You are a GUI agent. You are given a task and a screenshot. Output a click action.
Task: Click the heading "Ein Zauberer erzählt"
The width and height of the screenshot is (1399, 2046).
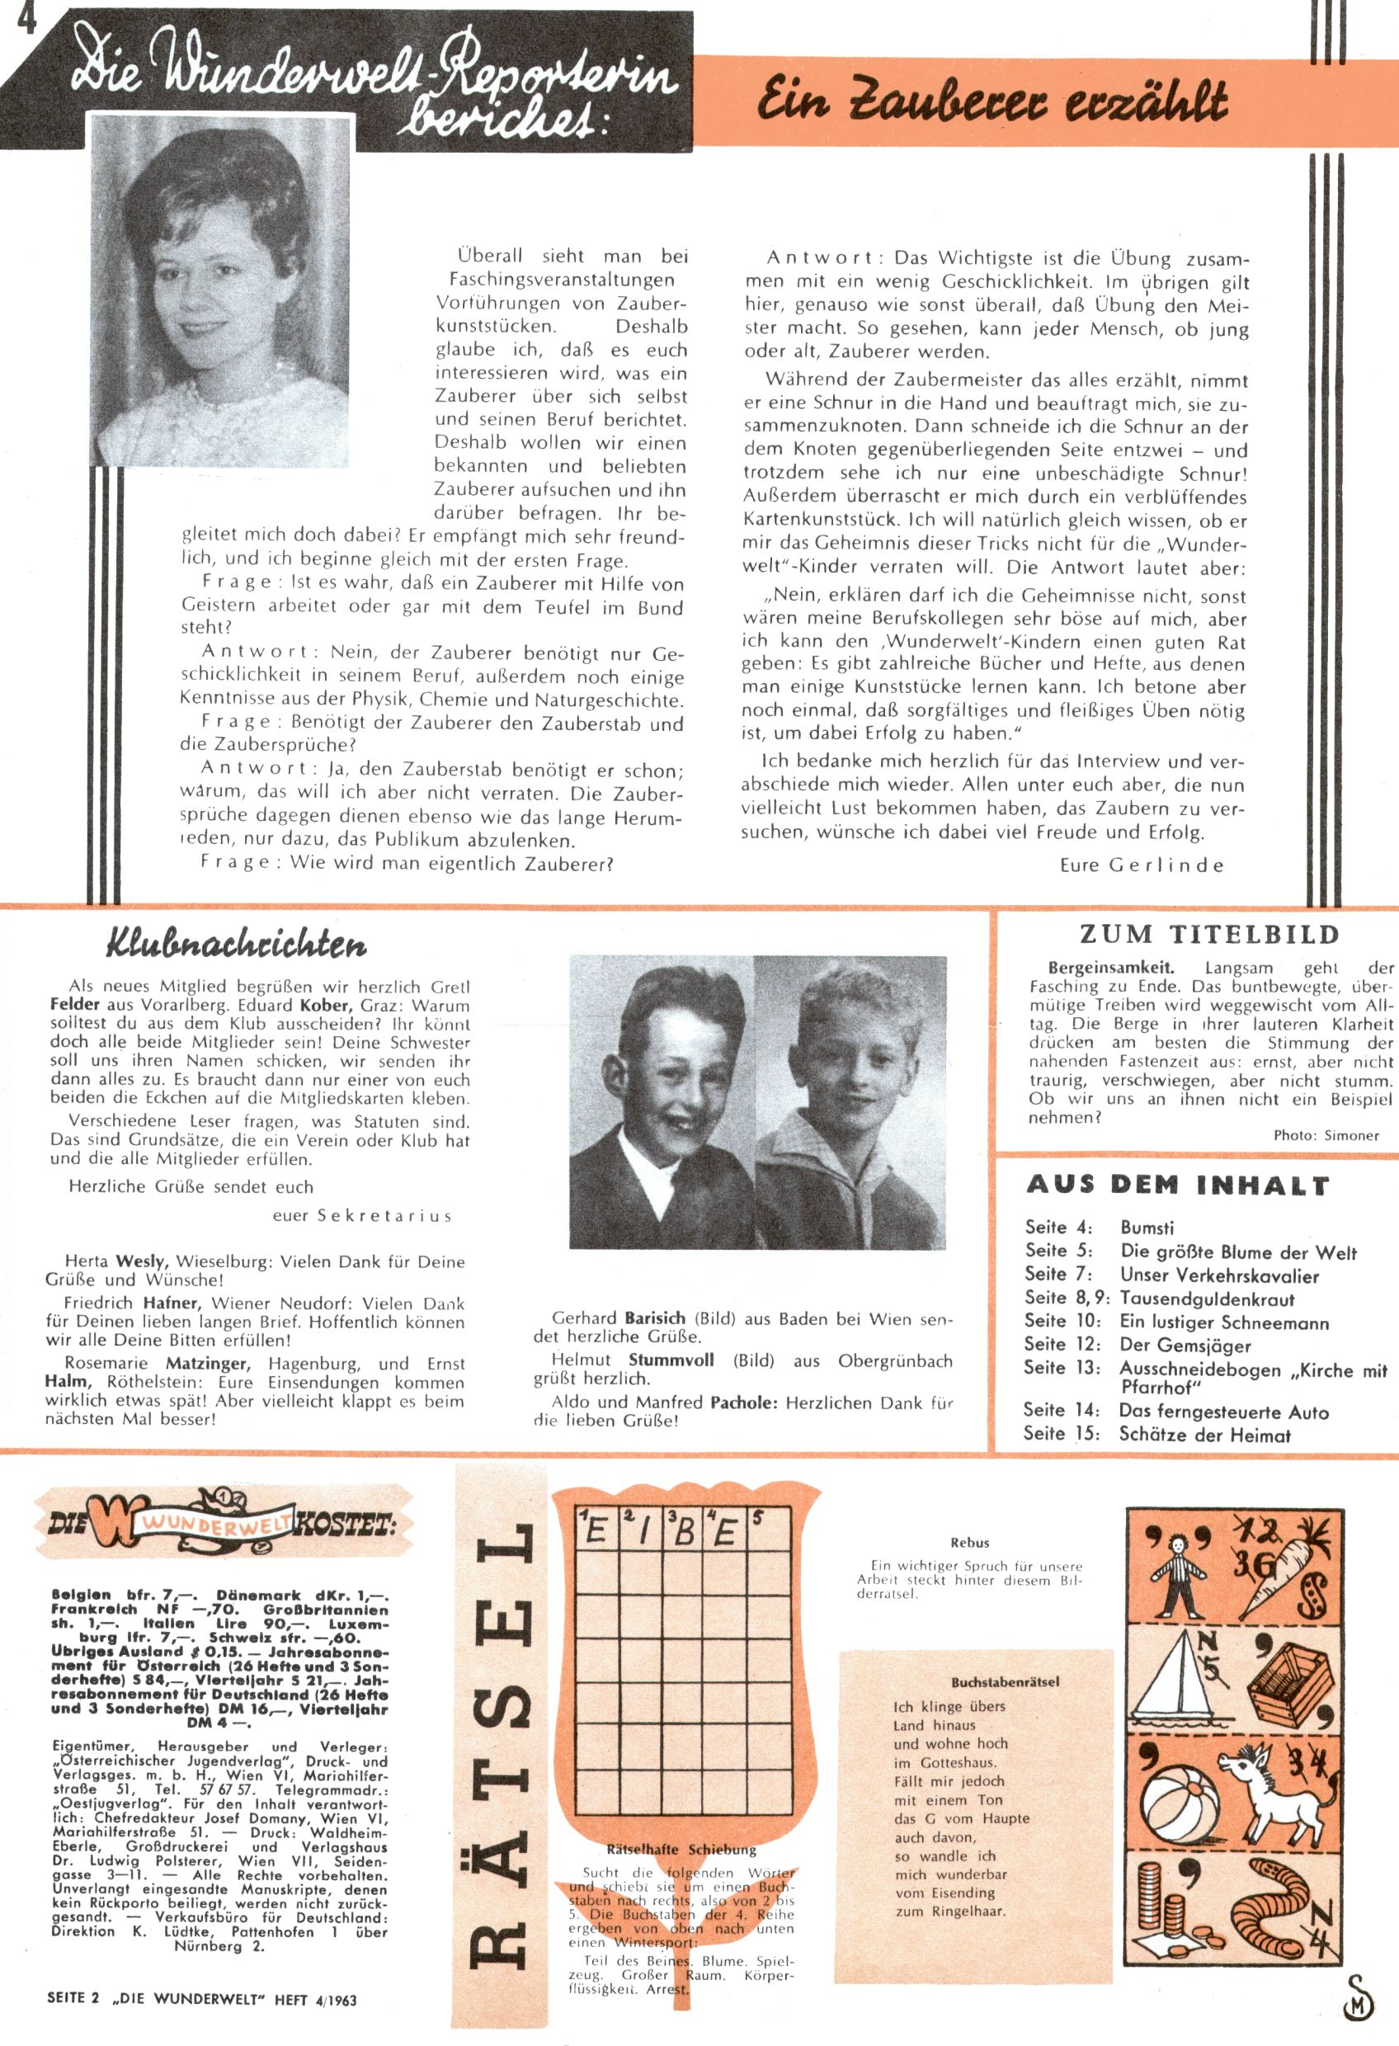992,103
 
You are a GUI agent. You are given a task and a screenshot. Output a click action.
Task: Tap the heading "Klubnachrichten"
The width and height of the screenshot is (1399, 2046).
236,944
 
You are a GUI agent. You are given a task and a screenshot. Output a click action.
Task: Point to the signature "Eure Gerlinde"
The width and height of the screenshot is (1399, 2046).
1141,865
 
